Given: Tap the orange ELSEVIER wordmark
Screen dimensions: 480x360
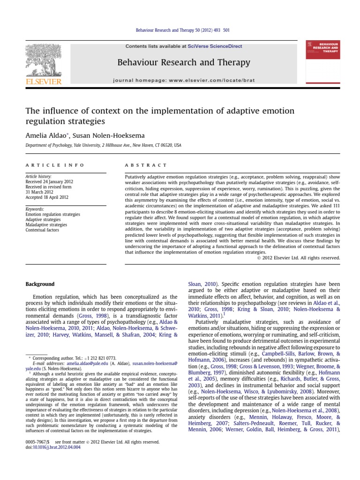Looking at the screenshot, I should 43,82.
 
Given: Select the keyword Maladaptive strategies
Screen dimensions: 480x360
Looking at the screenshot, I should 46,225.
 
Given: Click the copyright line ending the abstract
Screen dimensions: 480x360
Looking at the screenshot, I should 299,257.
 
